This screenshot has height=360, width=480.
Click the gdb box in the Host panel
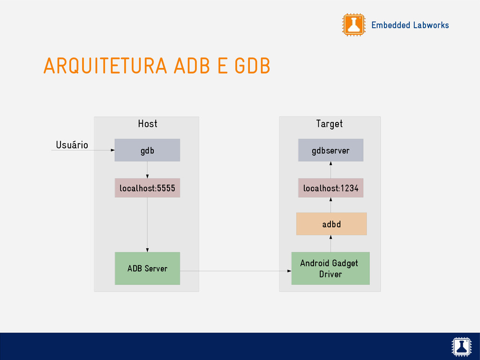pyautogui.click(x=147, y=150)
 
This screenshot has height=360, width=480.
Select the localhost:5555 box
pyautogui.click(x=147, y=188)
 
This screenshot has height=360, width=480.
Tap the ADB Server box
pyautogui.click(x=147, y=269)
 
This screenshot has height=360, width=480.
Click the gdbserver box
pyautogui.click(x=330, y=150)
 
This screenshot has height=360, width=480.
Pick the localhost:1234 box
pyautogui.click(x=330, y=188)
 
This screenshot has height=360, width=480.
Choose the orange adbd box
pyautogui.click(x=331, y=224)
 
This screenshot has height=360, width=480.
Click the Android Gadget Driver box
pyautogui.click(x=330, y=269)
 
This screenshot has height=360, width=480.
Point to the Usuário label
pyautogui.click(x=72, y=145)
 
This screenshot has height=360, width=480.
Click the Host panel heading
pyautogui.click(x=147, y=124)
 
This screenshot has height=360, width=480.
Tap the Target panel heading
pyautogui.click(x=329, y=124)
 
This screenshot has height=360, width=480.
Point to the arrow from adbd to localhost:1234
pyautogui.click(x=331, y=205)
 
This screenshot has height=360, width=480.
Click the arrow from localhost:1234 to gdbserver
pyautogui.click(x=331, y=170)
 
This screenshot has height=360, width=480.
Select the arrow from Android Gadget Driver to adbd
pyautogui.click(x=331, y=243)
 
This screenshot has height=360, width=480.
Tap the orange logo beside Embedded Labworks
pyautogui.click(x=353, y=25)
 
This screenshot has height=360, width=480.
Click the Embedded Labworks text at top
pyautogui.click(x=410, y=25)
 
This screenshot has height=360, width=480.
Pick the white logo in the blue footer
pyautogui.click(x=461, y=346)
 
